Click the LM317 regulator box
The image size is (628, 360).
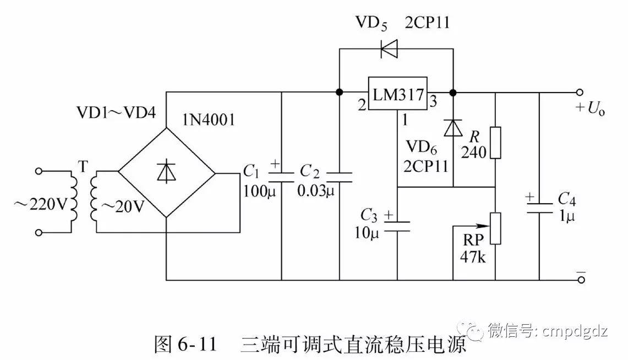tap(398, 94)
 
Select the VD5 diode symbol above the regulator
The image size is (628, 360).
tap(390, 48)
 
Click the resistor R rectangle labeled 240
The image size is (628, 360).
tap(495, 143)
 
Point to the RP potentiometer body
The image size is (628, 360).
tap(495, 228)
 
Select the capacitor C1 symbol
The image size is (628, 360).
tap(282, 174)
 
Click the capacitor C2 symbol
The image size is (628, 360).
tap(339, 174)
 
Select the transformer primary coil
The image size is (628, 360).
tap(73, 201)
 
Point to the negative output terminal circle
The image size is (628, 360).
tap(579, 280)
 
